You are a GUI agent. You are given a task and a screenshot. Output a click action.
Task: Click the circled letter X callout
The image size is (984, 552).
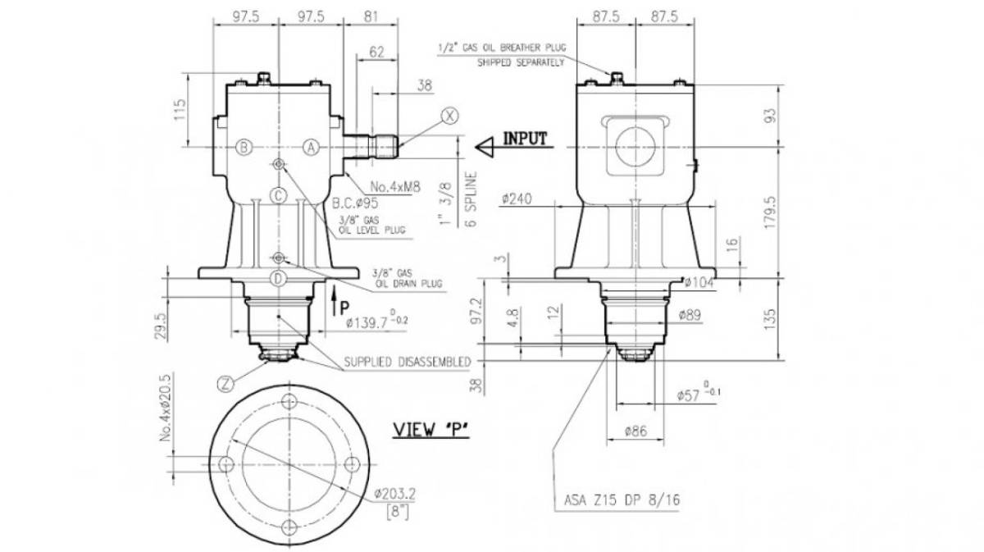pyautogui.click(x=449, y=116)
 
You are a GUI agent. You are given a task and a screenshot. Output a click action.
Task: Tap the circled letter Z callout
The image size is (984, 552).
pyautogui.click(x=225, y=385)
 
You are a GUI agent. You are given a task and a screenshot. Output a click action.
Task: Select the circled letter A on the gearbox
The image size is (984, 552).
pyautogui.click(x=311, y=148)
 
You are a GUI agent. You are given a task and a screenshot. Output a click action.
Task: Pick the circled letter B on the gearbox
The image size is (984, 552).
pyautogui.click(x=244, y=148)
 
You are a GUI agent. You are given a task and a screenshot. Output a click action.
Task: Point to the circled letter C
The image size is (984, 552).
pyautogui.click(x=278, y=195)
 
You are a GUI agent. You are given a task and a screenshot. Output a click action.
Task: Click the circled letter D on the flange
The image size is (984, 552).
pyautogui.click(x=278, y=279)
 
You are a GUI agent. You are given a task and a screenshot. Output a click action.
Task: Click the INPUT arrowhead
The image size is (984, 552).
pyautogui.click(x=485, y=147)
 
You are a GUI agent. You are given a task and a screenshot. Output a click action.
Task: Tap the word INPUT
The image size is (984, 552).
pyautogui.click(x=525, y=139)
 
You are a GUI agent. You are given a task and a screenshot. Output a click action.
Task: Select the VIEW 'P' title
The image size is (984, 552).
pyautogui.click(x=431, y=430)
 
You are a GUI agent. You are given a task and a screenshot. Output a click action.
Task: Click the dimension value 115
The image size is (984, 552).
pyautogui.click(x=180, y=110)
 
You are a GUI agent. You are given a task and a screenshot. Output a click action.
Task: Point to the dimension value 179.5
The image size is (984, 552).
pyautogui.click(x=770, y=212)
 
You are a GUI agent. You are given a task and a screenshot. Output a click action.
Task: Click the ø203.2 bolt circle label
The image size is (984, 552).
pyautogui.click(x=395, y=494)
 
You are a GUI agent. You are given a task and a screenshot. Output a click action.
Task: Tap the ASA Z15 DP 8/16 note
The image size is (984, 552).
pyautogui.click(x=622, y=500)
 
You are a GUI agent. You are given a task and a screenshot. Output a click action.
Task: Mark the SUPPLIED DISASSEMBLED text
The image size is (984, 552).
pyautogui.click(x=408, y=363)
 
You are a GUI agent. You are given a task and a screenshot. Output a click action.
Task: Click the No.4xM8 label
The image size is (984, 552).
pyautogui.click(x=395, y=187)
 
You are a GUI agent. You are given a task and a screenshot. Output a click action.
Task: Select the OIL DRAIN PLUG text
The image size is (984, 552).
pyautogui.click(x=408, y=284)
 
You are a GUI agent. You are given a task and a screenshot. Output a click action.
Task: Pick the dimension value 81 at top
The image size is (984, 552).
pyautogui.click(x=371, y=16)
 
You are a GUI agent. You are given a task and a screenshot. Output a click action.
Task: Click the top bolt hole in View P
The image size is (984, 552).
pyautogui.click(x=289, y=401)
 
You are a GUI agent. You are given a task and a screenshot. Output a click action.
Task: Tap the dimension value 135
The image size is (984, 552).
pyautogui.click(x=770, y=320)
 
